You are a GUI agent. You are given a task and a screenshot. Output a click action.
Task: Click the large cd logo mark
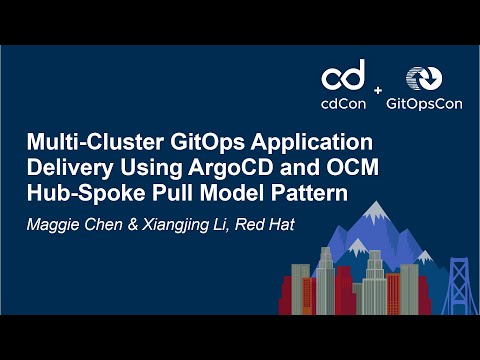[342, 77]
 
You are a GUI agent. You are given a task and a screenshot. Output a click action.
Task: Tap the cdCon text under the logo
[342, 102]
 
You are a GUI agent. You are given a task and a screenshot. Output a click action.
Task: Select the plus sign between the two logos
[377, 91]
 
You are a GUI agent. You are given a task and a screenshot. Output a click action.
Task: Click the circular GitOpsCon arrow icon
[419, 77]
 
